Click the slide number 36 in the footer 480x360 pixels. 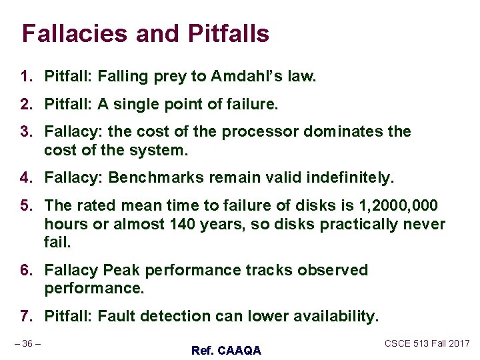(x=27, y=343)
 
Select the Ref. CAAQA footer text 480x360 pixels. (x=226, y=350)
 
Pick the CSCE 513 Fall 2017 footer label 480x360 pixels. (x=427, y=343)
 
